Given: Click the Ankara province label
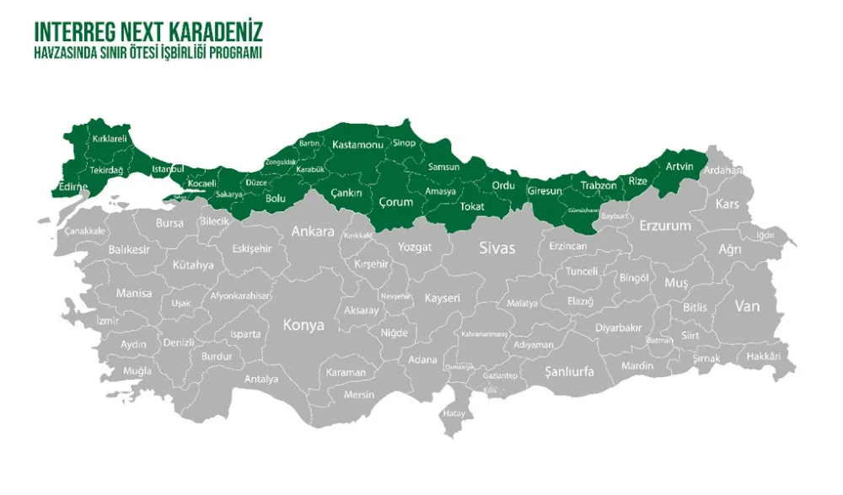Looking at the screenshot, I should tap(313, 231).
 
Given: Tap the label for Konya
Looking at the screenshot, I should tap(303, 325).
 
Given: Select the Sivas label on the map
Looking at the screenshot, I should tap(496, 247).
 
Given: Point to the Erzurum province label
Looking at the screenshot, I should tap(665, 226).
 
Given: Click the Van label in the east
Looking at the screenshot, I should tap(747, 306).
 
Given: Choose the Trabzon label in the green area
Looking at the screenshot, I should tap(599, 185).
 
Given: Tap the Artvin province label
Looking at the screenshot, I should tap(679, 167).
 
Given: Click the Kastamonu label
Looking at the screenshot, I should tap(357, 145).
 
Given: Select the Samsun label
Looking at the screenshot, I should tap(444, 167).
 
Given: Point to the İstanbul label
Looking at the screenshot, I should tap(168, 169).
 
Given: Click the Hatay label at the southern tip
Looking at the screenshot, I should tap(454, 413).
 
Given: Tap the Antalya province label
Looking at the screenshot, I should tap(261, 379).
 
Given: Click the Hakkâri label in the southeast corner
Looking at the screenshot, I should tap(764, 356).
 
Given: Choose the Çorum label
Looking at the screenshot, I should tap(396, 202).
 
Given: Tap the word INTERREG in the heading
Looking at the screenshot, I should tap(68, 32).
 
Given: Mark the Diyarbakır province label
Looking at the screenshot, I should tap(619, 327).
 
